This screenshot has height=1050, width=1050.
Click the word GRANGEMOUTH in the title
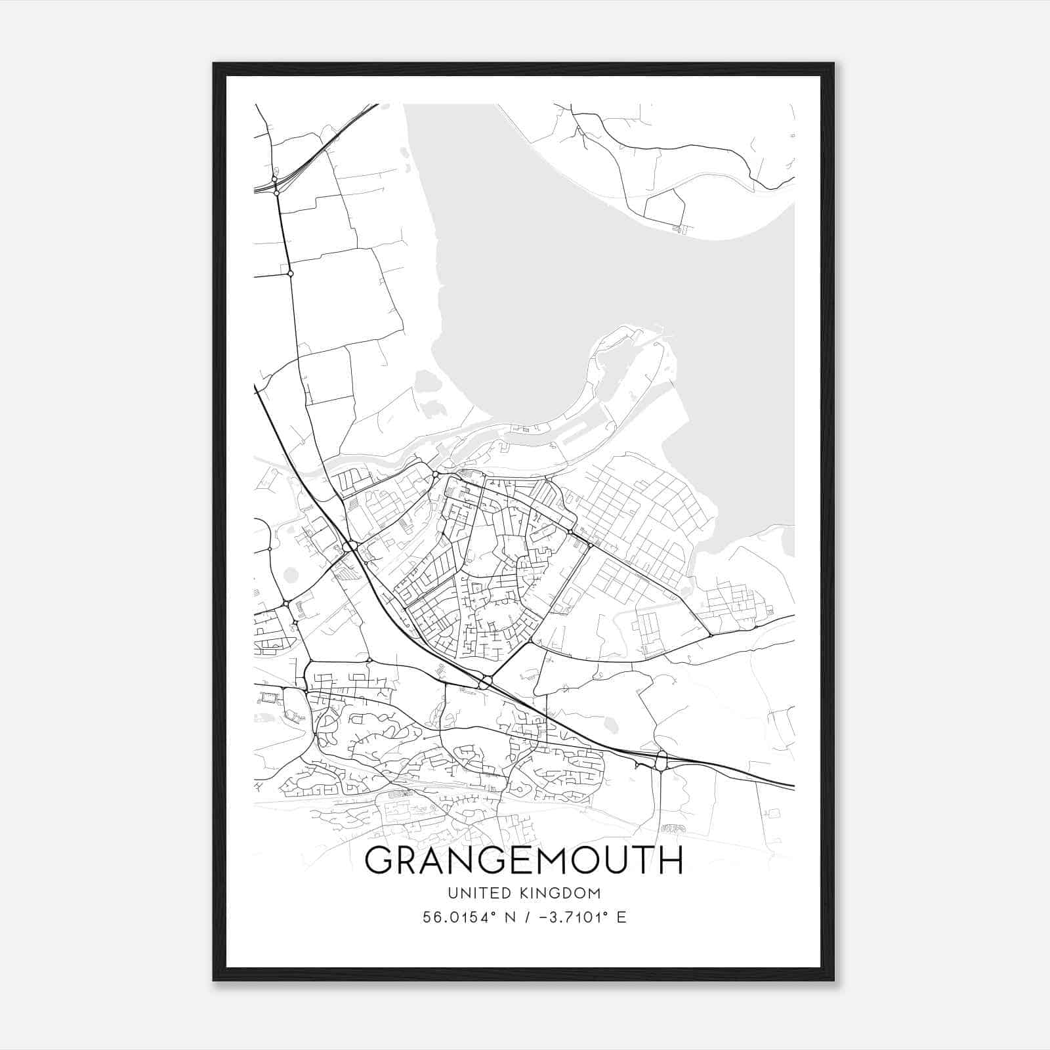[524, 860]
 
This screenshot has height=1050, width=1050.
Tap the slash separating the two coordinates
[525, 917]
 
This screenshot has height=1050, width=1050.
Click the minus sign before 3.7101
[541, 917]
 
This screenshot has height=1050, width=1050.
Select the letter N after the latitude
[508, 917]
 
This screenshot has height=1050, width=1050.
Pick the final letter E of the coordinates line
[621, 917]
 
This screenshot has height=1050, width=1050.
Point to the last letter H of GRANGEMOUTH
[670, 860]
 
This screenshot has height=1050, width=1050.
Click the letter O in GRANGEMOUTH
[581, 860]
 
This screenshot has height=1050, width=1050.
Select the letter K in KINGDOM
[520, 893]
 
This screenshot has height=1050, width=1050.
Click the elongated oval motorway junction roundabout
[661, 761]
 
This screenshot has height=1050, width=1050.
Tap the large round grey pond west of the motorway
[291, 575]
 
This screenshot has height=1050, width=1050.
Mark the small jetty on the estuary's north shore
[681, 228]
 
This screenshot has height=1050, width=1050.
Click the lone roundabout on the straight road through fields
[290, 273]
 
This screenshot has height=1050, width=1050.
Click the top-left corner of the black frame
[214, 64]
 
